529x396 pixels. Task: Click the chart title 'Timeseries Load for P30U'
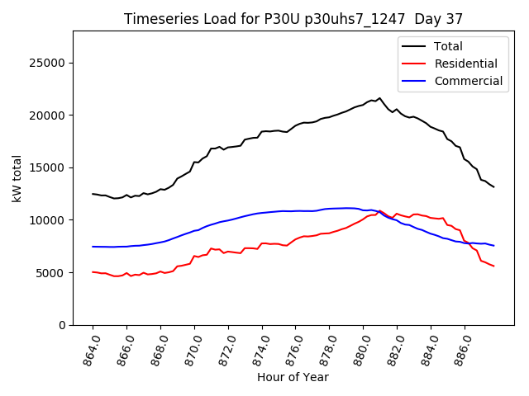coord(293,19)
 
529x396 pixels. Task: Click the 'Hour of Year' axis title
coord(293,377)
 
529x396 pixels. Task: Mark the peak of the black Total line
coord(380,98)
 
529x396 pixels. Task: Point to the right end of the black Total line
coord(493,187)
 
